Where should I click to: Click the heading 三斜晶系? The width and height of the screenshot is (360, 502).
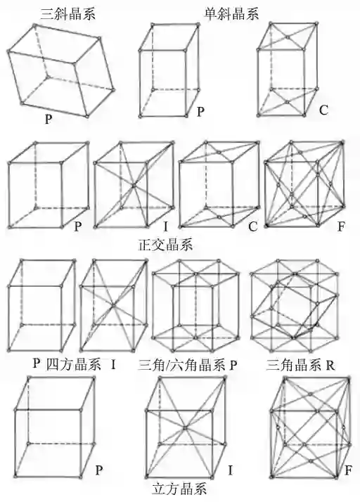(68, 14)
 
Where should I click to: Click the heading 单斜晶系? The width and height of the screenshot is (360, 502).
(232, 14)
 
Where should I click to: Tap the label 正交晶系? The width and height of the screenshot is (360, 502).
(166, 245)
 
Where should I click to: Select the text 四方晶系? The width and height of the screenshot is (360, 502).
(74, 364)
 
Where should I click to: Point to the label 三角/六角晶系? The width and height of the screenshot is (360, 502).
(181, 366)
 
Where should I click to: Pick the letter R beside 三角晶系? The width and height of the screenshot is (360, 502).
(330, 366)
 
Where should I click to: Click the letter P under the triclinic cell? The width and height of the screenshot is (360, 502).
(48, 119)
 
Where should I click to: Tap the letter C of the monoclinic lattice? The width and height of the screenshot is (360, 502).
(323, 110)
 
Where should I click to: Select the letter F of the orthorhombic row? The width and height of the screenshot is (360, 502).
(342, 226)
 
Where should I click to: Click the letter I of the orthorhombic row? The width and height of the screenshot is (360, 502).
(165, 226)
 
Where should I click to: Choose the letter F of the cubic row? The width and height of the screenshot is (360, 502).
(348, 470)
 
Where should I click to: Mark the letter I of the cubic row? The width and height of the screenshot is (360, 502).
(231, 470)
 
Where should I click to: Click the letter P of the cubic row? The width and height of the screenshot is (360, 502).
(99, 470)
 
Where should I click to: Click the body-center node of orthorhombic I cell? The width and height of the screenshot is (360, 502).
(134, 186)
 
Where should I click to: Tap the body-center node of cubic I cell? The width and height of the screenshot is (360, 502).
(185, 427)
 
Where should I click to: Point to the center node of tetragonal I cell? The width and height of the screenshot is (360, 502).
(113, 306)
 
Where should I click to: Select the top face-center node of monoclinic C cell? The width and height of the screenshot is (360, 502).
(288, 37)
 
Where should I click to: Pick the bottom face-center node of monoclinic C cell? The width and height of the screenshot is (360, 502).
(288, 103)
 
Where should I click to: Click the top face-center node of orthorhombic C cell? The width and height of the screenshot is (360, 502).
(219, 153)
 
